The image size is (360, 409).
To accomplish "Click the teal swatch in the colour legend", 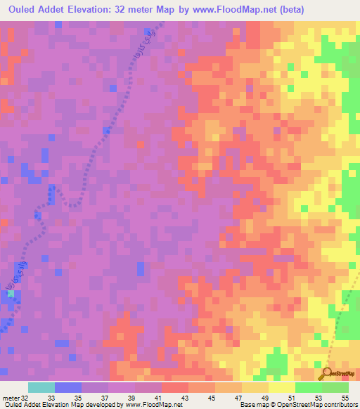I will click(41, 387).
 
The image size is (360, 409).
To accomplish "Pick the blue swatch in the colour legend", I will click(67, 387).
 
